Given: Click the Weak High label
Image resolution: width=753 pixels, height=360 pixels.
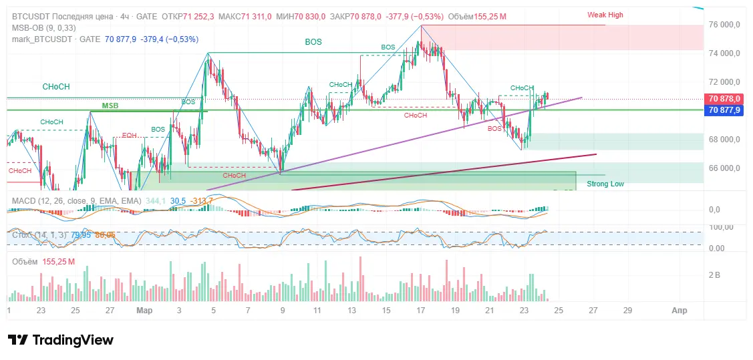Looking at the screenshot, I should [x=605, y=15].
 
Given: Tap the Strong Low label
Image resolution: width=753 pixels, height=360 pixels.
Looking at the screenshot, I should [x=605, y=184].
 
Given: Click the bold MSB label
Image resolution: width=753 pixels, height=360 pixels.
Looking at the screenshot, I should [x=110, y=106].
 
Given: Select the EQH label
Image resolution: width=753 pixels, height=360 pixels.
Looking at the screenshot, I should [x=129, y=136].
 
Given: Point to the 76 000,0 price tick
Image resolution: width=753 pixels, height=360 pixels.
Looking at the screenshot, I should [x=724, y=25].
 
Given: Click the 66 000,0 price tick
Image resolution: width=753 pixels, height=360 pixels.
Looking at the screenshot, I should [x=724, y=168].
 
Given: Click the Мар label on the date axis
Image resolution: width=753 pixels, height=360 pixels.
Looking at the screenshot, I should [x=144, y=311].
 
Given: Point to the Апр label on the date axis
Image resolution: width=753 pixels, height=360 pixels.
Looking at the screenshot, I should [x=679, y=311].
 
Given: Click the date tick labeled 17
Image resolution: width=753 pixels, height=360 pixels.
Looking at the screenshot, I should [x=421, y=311].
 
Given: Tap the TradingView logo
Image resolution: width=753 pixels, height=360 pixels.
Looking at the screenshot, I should [x=61, y=340].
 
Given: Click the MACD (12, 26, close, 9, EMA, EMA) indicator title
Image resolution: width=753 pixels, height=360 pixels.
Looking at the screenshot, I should [x=76, y=200].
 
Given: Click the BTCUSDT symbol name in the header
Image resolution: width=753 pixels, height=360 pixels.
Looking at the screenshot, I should [x=31, y=16].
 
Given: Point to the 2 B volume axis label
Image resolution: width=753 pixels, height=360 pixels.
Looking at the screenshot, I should [x=714, y=275].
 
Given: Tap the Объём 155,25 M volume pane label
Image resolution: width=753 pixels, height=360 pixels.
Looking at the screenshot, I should [x=43, y=261].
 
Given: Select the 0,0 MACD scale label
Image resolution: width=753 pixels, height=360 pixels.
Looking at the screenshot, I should [x=714, y=210].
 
